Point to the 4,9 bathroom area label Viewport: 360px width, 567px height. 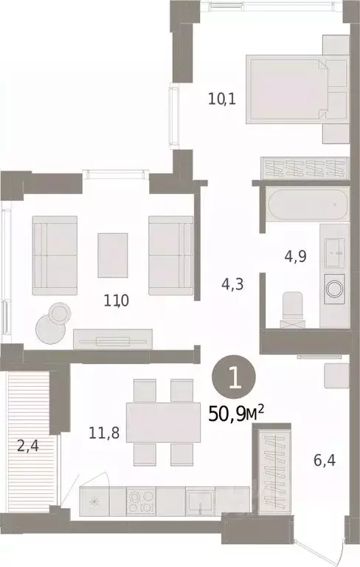pos(294,258)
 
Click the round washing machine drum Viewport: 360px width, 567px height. pos(336,286)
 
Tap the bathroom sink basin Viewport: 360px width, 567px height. pos(336,250)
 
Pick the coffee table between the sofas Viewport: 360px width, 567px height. pos(112,253)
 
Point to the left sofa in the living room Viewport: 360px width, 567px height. pos(55,255)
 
